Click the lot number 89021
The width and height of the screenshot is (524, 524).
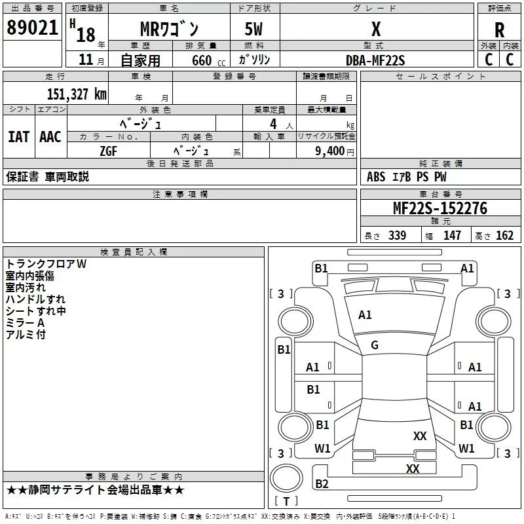(x=33, y=28)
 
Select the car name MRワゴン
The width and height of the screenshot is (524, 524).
(x=168, y=29)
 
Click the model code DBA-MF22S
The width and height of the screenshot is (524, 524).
(x=375, y=60)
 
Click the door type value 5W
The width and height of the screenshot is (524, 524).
(x=255, y=29)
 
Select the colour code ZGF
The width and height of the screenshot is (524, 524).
(x=108, y=150)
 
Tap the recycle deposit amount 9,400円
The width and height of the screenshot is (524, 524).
(x=335, y=151)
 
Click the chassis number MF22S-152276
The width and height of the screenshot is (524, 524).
(x=440, y=208)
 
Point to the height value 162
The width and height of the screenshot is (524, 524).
(x=504, y=236)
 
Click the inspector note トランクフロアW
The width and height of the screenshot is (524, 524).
(x=47, y=264)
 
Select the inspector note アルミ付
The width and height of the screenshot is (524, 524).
(x=26, y=335)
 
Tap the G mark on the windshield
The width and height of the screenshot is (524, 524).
(x=375, y=345)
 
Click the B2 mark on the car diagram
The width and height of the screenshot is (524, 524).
(x=322, y=484)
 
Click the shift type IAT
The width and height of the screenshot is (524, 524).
(x=18, y=137)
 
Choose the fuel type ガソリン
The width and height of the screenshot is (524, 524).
(x=254, y=60)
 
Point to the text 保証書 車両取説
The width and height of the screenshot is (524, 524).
(x=47, y=177)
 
